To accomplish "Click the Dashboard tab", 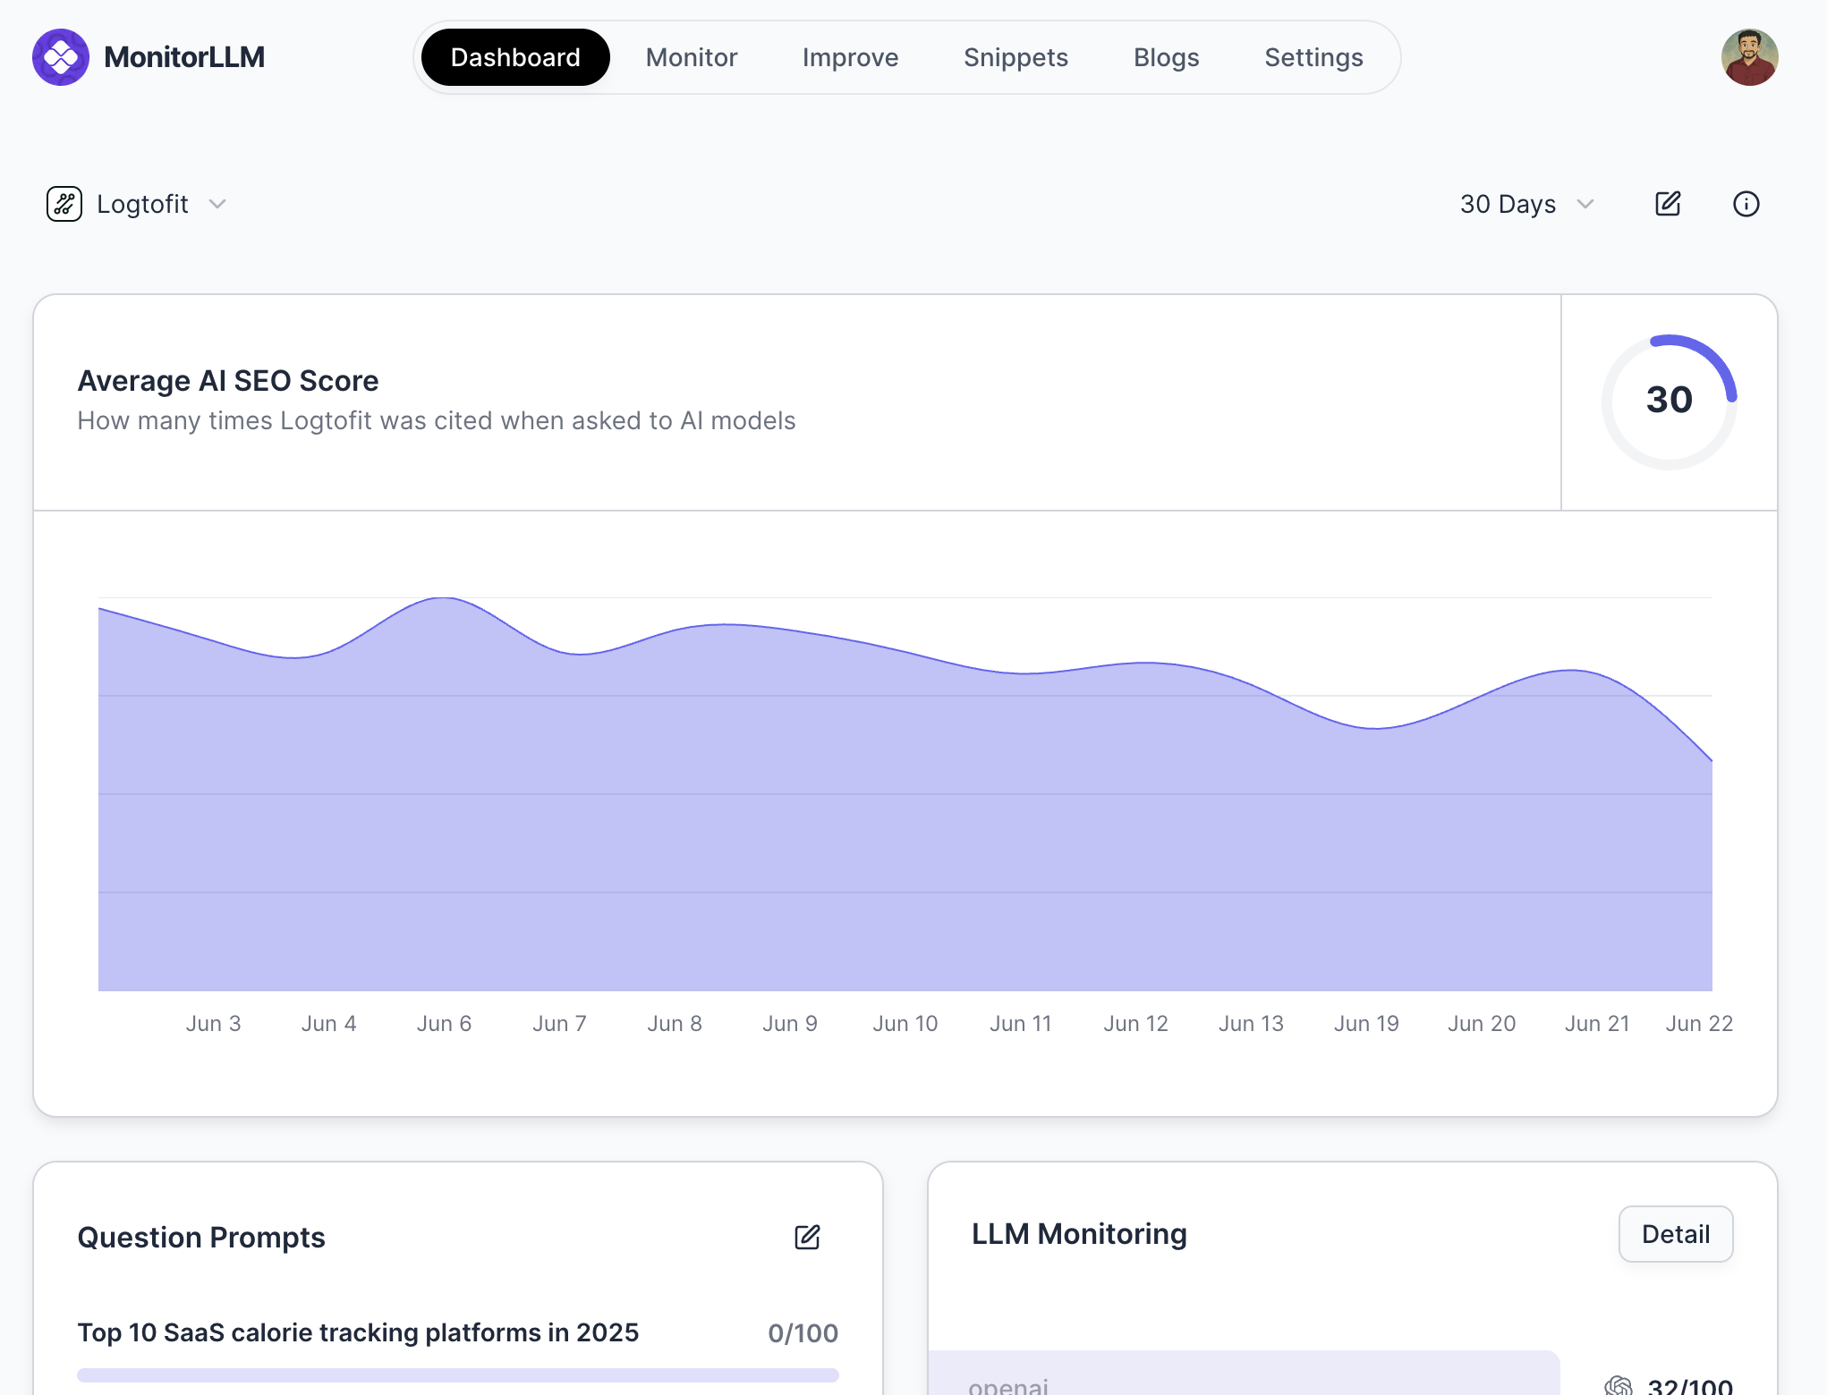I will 515,57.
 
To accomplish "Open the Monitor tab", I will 692,57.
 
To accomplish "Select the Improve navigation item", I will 850,57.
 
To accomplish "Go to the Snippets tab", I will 1015,57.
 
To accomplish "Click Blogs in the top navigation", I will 1166,57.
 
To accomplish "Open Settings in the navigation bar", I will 1313,57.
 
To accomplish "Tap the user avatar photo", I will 1749,57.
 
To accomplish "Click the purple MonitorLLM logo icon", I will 61,57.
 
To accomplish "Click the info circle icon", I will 1746,204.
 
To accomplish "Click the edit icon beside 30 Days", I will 1668,204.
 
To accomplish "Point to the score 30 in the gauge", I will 1669,400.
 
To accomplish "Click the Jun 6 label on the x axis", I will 444,1023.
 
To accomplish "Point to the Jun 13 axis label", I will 1251,1023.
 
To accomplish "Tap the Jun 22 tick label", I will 1699,1023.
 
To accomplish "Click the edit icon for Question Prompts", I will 807,1237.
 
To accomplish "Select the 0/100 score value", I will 803,1332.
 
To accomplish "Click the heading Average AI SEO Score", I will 228,381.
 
